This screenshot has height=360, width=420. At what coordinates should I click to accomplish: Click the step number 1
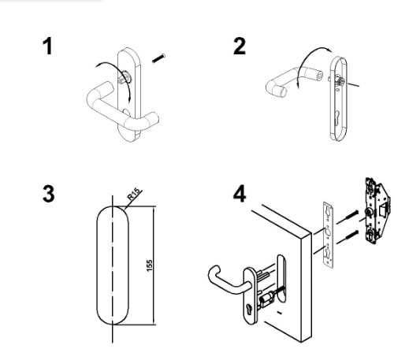(x=48, y=46)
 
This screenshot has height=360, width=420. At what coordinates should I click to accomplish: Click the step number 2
(x=240, y=46)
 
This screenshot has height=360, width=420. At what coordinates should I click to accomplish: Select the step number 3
(x=49, y=195)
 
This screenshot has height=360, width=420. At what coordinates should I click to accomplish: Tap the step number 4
(x=240, y=195)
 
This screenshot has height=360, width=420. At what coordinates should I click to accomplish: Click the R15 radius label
(x=134, y=195)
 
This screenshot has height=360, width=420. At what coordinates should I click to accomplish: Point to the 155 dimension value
(x=150, y=265)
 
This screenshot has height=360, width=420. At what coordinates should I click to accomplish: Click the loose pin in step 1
(x=158, y=58)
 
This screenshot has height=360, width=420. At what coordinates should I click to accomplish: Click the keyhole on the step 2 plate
(x=337, y=116)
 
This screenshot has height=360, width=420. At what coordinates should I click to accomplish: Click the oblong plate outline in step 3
(x=97, y=265)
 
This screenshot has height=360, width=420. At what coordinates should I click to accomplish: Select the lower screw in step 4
(x=348, y=237)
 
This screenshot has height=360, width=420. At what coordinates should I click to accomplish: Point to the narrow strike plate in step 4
(x=329, y=236)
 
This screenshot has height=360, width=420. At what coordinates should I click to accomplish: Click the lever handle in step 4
(x=228, y=284)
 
